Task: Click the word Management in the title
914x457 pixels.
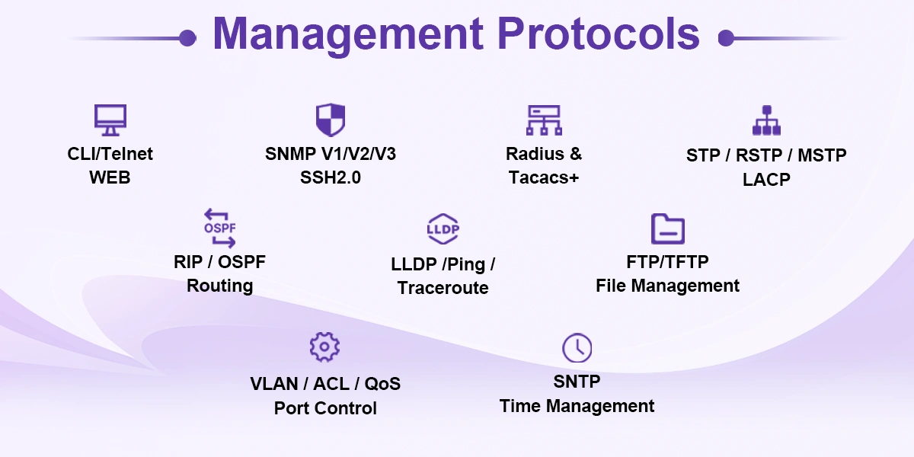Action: click(x=348, y=36)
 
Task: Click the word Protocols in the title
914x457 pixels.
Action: click(x=599, y=34)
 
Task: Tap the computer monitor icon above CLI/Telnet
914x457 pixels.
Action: click(x=110, y=120)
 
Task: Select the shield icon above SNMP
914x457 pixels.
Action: click(x=331, y=120)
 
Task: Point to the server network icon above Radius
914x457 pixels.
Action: click(x=544, y=120)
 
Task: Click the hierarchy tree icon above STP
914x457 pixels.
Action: click(x=766, y=120)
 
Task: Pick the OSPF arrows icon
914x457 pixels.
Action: click(x=219, y=228)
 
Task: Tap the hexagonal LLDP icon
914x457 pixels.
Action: click(x=443, y=228)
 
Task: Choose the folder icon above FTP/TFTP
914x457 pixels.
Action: click(x=667, y=228)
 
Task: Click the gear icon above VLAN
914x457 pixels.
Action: click(x=324, y=347)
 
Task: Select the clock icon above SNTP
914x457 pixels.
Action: click(x=577, y=348)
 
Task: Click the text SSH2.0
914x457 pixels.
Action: click(x=331, y=177)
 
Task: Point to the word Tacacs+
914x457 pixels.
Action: click(x=544, y=177)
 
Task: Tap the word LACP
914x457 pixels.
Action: click(x=766, y=180)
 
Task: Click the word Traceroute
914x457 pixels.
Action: click(x=443, y=288)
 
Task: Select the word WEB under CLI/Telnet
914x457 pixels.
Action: click(x=110, y=177)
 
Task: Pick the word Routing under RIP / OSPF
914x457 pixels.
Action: click(x=219, y=286)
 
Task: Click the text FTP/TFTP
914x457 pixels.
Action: click(x=667, y=262)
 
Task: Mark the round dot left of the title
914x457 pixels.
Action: click(x=187, y=38)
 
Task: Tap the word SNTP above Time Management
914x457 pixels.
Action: click(x=577, y=382)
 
